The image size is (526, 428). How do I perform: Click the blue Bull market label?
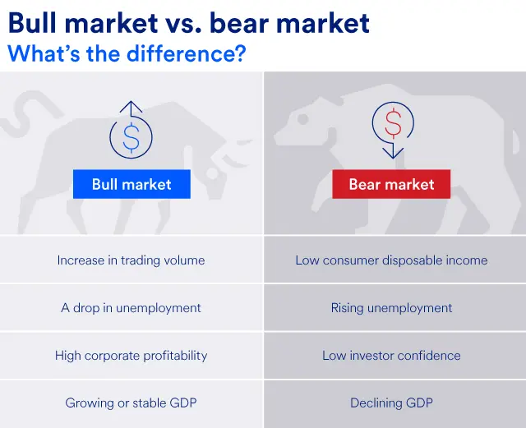click(x=131, y=184)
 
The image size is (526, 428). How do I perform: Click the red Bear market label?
click(x=391, y=184)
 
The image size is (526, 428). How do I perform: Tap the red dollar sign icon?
click(x=393, y=124)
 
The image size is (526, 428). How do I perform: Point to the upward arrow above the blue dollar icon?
click(x=131, y=108)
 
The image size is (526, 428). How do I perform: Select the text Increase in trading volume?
click(x=131, y=260)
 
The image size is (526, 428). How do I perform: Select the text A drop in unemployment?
click(x=131, y=308)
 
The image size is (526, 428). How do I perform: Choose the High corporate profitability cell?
click(x=131, y=356)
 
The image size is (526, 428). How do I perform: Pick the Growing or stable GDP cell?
click(x=131, y=403)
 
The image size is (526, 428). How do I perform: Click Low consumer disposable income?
click(x=391, y=260)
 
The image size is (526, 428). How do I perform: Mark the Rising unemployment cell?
click(x=391, y=308)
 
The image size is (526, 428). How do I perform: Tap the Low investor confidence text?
click(x=391, y=356)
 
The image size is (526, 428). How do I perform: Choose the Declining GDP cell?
click(x=391, y=403)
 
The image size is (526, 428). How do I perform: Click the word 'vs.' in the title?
click(x=184, y=23)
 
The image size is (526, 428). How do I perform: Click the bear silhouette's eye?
click(x=303, y=120)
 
